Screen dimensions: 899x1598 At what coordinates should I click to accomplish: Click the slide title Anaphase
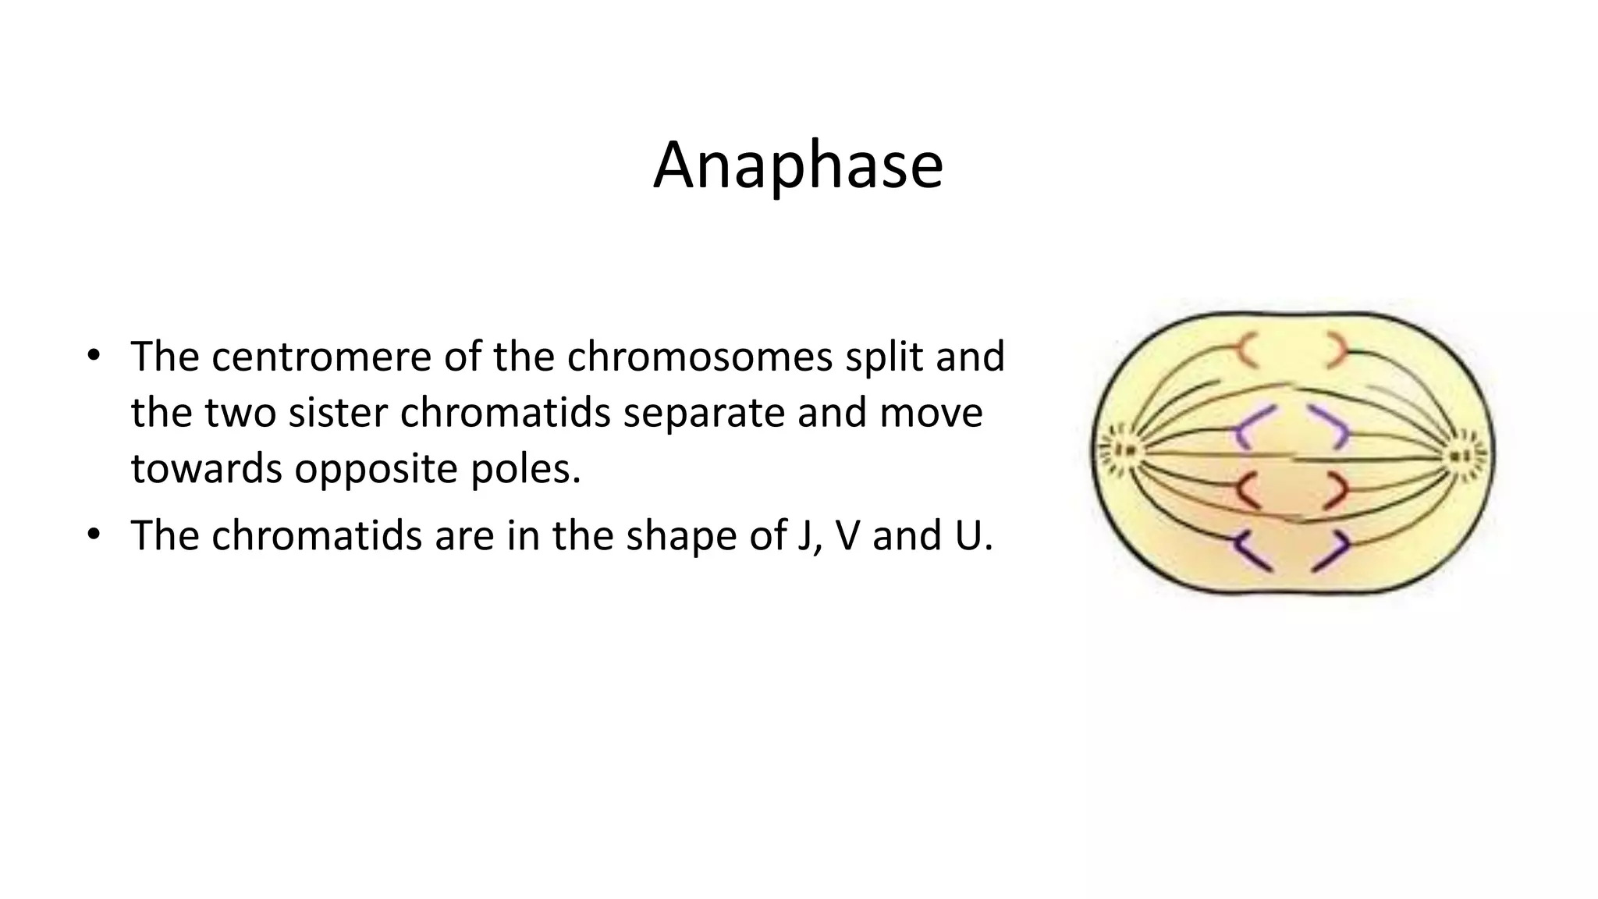[798, 165]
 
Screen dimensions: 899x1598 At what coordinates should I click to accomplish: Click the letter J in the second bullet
[804, 535]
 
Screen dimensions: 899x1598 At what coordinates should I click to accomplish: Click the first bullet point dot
[94, 357]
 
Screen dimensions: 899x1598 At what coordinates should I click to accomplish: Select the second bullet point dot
[94, 535]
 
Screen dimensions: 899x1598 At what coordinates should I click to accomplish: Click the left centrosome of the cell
[1124, 450]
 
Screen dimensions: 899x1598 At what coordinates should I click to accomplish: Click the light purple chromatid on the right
[1333, 426]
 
